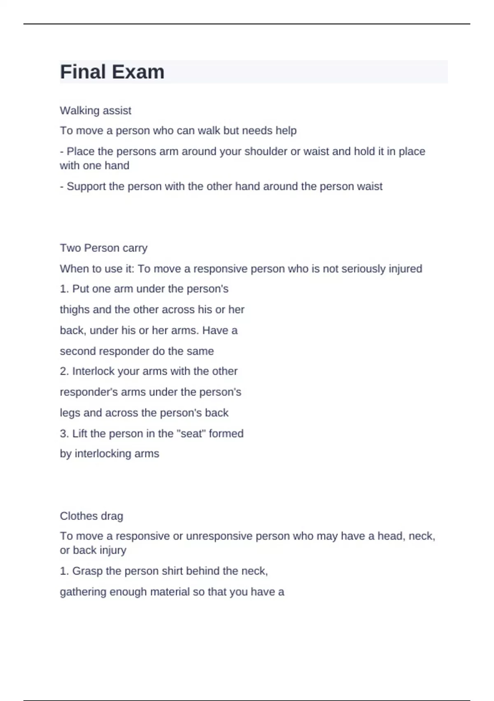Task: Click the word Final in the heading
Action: tap(83, 72)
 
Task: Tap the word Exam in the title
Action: tap(138, 72)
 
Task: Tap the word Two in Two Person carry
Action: tap(70, 248)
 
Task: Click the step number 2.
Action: tap(64, 371)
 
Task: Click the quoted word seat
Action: tap(191, 433)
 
